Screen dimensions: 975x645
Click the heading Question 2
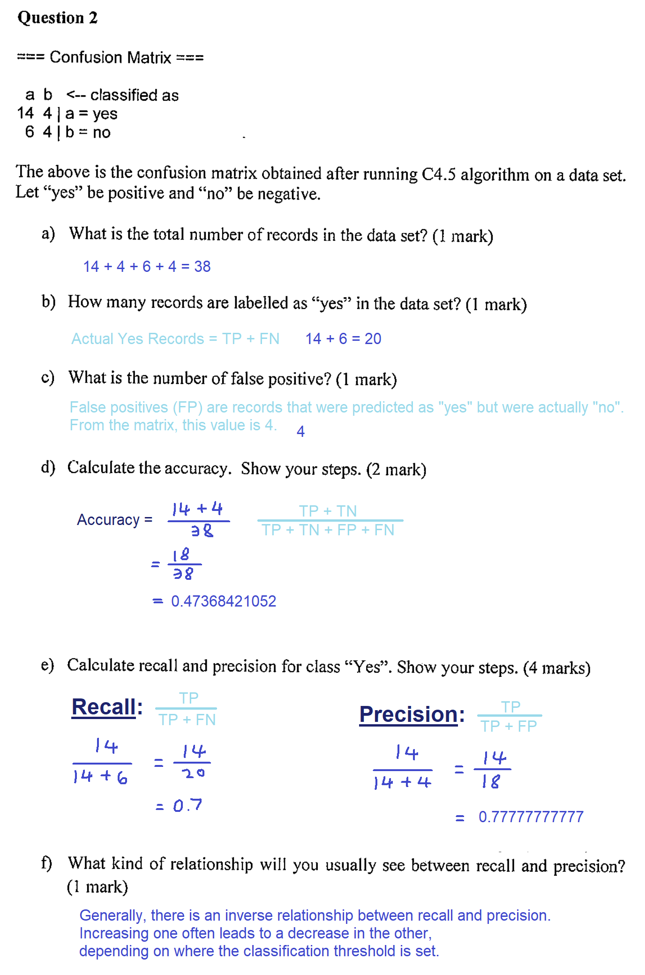(x=57, y=18)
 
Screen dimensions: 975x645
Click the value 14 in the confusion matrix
(x=25, y=113)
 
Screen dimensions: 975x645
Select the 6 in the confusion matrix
(x=30, y=132)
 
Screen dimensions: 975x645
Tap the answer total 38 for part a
(x=202, y=266)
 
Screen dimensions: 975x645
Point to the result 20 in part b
(x=373, y=338)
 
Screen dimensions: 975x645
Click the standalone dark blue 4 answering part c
(x=300, y=431)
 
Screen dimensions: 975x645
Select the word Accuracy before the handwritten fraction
(x=108, y=520)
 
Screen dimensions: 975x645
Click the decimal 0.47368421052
(x=224, y=601)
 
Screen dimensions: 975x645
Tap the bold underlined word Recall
(x=104, y=707)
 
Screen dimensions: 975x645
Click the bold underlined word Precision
(x=408, y=714)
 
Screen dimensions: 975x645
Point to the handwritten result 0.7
(x=187, y=805)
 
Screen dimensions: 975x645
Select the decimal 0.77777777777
(x=531, y=817)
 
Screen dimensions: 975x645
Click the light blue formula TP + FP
(x=509, y=726)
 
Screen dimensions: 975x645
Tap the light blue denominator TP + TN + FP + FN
(x=328, y=530)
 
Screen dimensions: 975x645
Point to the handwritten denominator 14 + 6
(x=100, y=777)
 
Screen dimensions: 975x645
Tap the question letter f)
(x=46, y=862)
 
